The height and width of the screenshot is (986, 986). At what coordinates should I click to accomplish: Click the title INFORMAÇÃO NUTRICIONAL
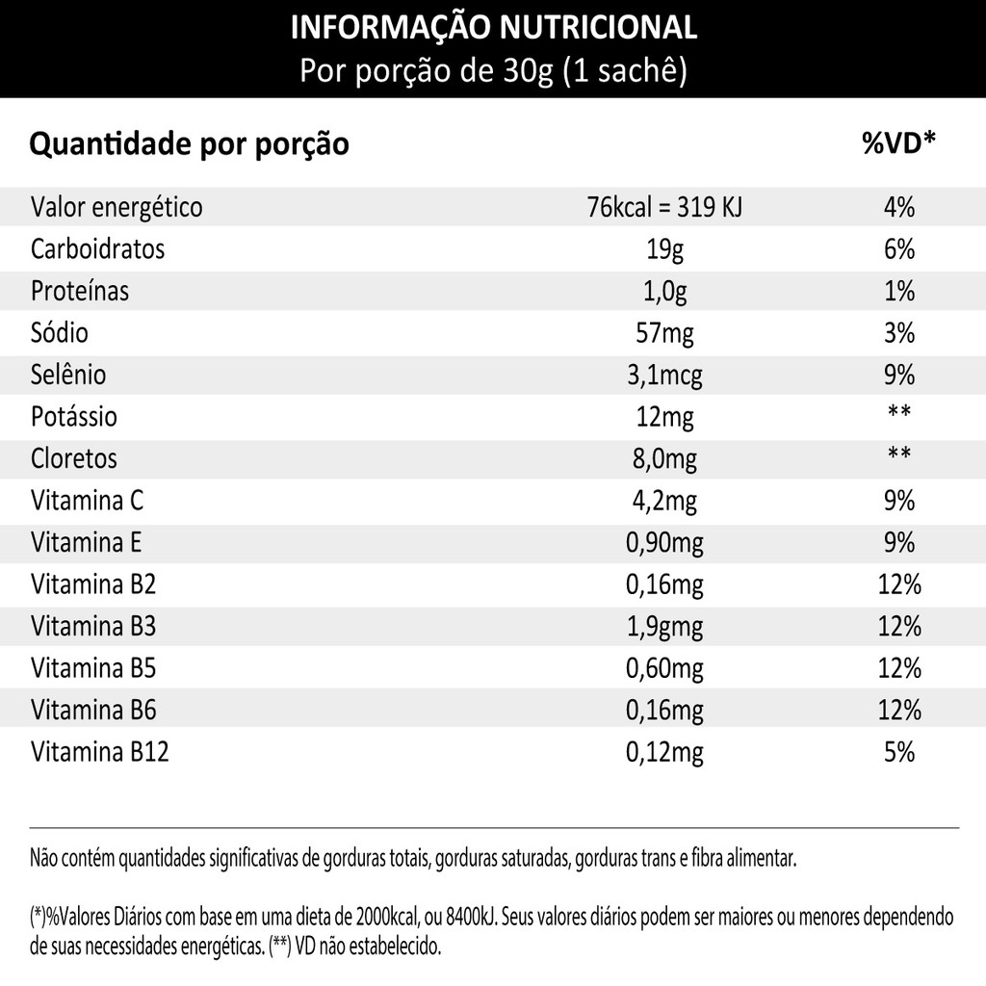pyautogui.click(x=493, y=28)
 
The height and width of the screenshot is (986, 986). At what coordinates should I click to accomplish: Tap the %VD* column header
pyautogui.click(x=898, y=144)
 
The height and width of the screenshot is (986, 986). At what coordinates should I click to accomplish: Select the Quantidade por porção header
pyautogui.click(x=190, y=145)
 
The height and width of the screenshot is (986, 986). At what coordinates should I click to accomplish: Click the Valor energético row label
pyautogui.click(x=117, y=207)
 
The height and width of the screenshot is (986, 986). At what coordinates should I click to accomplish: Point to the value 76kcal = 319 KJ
pyautogui.click(x=664, y=207)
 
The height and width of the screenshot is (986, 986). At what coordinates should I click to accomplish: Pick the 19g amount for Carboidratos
pyautogui.click(x=664, y=249)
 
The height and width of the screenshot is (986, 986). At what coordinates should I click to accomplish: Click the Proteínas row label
pyautogui.click(x=80, y=291)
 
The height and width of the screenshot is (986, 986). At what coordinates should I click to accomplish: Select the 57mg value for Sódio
pyautogui.click(x=664, y=333)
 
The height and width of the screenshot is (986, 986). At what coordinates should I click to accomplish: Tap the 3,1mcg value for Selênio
pyautogui.click(x=664, y=375)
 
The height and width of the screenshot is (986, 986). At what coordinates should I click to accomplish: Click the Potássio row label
pyautogui.click(x=74, y=417)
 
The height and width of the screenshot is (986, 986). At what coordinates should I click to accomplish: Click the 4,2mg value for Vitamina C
pyautogui.click(x=664, y=501)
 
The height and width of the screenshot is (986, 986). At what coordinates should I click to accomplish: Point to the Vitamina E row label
pyautogui.click(x=87, y=542)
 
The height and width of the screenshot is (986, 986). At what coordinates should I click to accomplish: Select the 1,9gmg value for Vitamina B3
pyautogui.click(x=664, y=627)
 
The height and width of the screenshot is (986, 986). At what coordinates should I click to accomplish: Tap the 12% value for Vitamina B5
pyautogui.click(x=898, y=668)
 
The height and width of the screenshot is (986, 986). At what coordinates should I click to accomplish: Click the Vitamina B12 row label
pyautogui.click(x=100, y=751)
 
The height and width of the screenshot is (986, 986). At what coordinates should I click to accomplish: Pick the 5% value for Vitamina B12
pyautogui.click(x=898, y=751)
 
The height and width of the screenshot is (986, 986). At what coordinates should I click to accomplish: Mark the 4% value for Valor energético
pyautogui.click(x=898, y=207)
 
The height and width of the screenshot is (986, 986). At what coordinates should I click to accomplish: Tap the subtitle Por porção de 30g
pyautogui.click(x=427, y=72)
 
